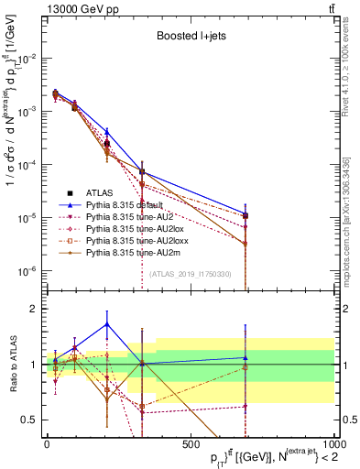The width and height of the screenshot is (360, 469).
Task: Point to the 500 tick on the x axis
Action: tap(191, 442)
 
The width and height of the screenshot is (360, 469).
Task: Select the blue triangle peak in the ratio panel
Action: tap(107, 323)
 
